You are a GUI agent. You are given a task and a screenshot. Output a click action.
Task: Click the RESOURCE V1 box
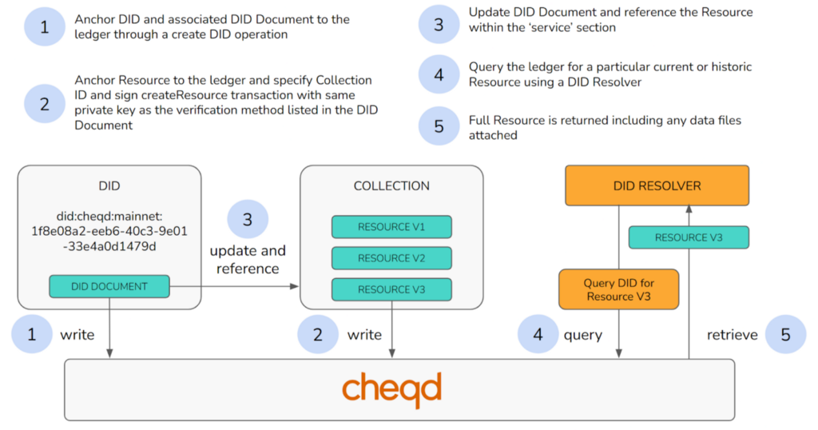point(391,227)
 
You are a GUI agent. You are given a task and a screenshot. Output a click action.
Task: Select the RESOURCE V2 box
point(391,258)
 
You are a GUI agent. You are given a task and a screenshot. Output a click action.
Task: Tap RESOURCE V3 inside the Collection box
point(391,289)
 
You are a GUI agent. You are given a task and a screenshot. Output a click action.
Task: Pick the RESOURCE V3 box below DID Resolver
point(689,237)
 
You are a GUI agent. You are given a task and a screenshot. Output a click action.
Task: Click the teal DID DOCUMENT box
point(109,286)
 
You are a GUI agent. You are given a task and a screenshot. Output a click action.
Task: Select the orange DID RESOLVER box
point(657,186)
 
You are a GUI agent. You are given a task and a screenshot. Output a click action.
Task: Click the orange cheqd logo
point(391,389)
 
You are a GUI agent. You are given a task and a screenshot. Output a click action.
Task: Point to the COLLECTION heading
point(391,186)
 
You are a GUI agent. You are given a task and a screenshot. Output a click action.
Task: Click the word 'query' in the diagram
point(583,335)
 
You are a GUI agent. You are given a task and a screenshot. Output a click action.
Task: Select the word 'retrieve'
point(732,335)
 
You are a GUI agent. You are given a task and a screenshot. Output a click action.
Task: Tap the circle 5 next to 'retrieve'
point(785,335)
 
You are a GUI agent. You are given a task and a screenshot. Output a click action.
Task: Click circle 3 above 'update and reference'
point(248,220)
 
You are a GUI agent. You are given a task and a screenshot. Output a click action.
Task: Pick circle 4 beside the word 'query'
point(538,335)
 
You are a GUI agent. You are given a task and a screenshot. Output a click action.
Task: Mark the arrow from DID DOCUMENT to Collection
point(235,286)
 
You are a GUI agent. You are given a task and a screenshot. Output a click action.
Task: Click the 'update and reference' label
point(248,260)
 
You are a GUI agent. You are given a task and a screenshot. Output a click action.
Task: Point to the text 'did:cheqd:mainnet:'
point(109,216)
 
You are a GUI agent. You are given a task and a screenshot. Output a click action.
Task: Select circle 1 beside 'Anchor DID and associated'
point(44,27)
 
